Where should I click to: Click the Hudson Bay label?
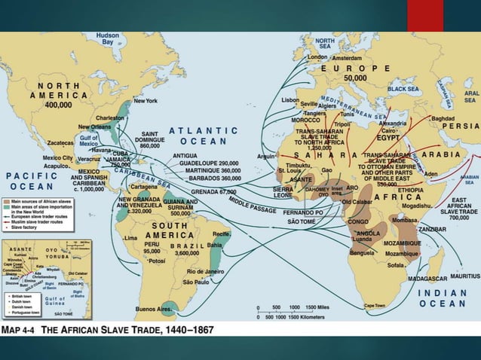(x=107, y=39)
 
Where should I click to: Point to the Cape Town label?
(x=378, y=305)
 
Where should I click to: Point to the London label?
(x=317, y=56)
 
